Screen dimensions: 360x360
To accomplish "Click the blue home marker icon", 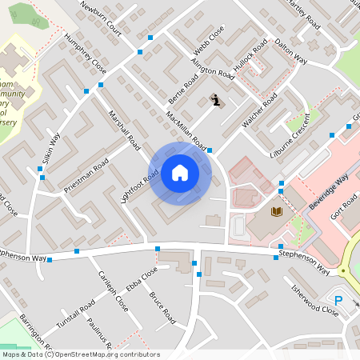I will (x=180, y=173).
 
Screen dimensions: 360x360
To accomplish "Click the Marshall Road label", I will (x=124, y=130).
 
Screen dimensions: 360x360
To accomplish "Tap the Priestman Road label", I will (x=86, y=178).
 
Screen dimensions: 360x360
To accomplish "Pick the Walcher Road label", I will (x=259, y=111).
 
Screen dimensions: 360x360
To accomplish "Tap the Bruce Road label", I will (x=162, y=307).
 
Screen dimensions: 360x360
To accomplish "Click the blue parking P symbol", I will (x=338, y=301).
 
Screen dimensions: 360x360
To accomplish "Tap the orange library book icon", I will (x=277, y=211).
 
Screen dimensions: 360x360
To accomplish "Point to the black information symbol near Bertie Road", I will (x=216, y=100).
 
